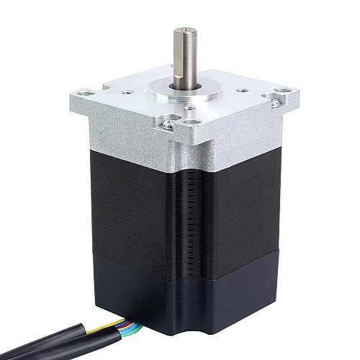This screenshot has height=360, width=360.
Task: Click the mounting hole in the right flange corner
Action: click(282, 91)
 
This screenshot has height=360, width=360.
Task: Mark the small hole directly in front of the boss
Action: click(189, 107)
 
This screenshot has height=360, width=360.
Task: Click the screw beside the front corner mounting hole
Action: click(167, 124)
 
